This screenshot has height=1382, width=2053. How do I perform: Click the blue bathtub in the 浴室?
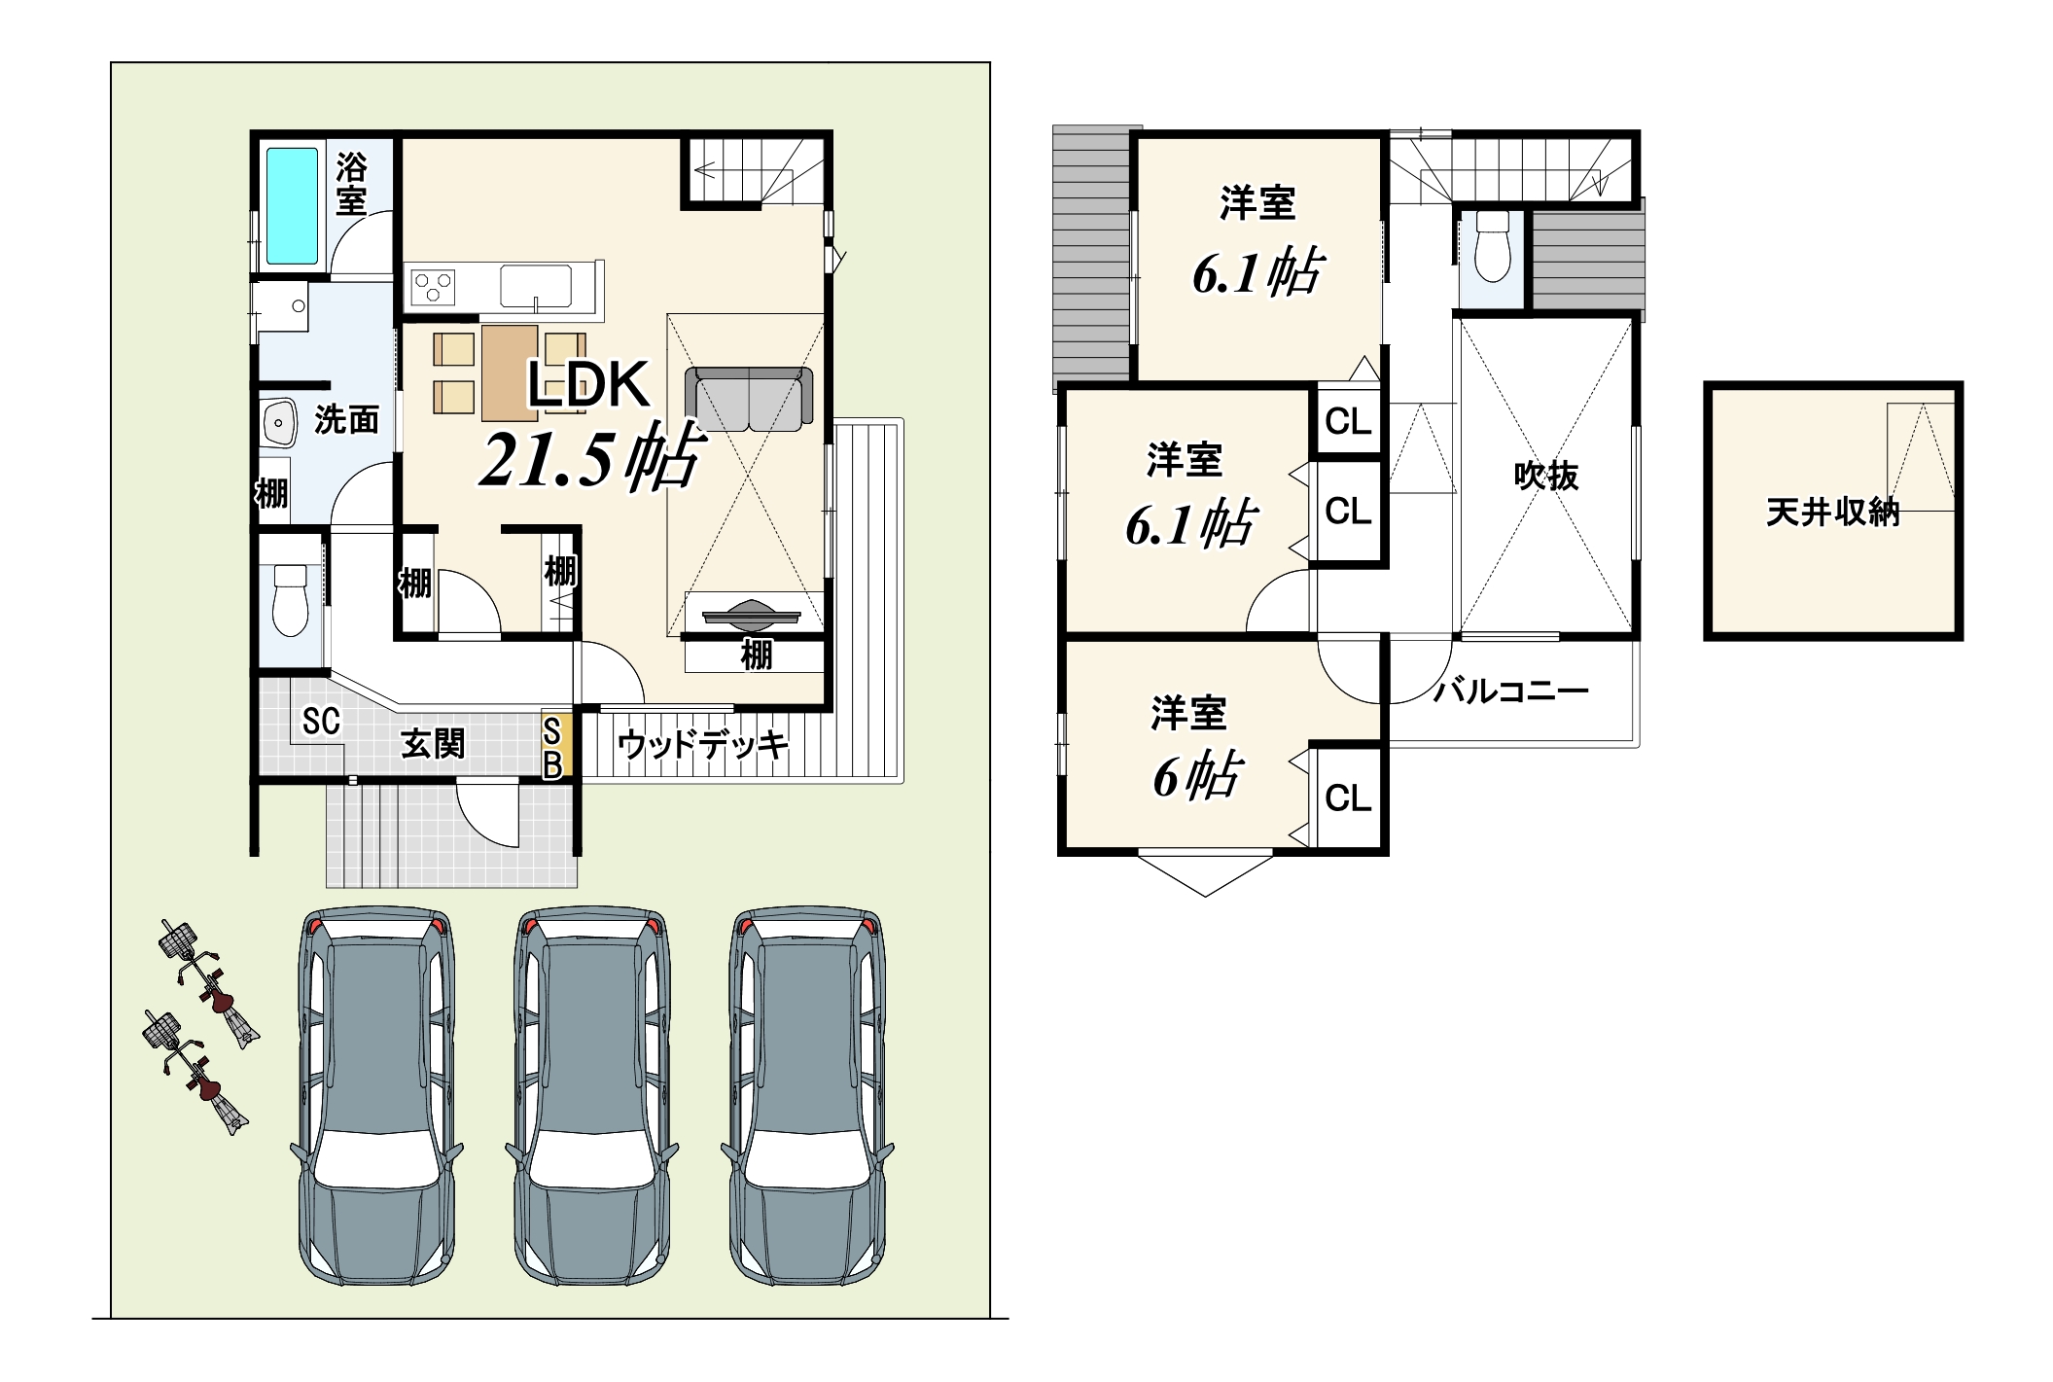tap(292, 206)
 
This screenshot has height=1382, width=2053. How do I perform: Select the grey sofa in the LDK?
tap(749, 399)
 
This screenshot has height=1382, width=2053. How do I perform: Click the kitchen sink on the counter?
tap(536, 286)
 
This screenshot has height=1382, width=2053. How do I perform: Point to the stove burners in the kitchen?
tap(434, 287)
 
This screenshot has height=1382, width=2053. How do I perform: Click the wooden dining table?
tap(510, 372)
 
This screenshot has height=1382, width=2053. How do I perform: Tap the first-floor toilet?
tap(291, 600)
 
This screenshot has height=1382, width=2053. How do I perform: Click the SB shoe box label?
tap(552, 748)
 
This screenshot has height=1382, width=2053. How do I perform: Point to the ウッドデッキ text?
tap(702, 745)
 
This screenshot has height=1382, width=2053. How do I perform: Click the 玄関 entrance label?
tap(433, 744)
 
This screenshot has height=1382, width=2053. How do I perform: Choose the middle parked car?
tap(591, 1096)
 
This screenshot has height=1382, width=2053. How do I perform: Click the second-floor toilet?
tap(1492, 247)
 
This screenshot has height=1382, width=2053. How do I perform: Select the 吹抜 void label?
tap(1545, 476)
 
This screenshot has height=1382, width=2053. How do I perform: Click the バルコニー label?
tap(1511, 691)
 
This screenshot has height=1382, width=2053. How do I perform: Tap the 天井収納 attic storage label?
tap(1832, 512)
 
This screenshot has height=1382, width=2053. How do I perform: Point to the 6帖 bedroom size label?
tap(1197, 775)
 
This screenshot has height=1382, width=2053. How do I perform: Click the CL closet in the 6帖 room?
tap(1347, 797)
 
